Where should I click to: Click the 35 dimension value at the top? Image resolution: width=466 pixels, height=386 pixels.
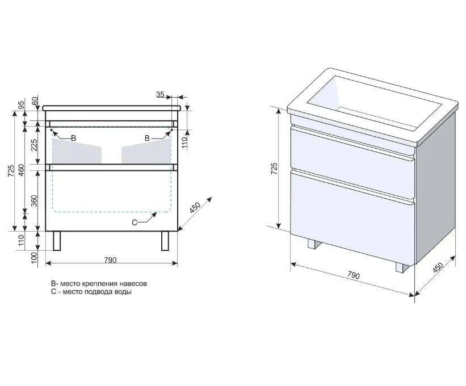pos(160,94)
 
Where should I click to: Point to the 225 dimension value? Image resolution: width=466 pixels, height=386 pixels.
pos(35,145)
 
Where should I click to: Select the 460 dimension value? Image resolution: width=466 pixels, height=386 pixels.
pos(21,170)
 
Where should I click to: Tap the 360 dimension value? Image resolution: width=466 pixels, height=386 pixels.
pos(35,201)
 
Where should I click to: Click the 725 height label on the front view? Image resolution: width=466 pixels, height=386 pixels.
pos(11,171)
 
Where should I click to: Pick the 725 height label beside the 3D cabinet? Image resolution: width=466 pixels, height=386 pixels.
pos(274,168)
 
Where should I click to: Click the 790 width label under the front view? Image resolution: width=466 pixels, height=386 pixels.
pos(110,260)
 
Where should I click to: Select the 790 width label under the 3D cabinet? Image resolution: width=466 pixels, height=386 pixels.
pos(354,275)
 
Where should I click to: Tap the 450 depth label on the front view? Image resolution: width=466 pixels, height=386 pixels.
pos(195,207)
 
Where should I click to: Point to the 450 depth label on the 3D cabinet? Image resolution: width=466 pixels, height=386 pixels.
pos(438,267)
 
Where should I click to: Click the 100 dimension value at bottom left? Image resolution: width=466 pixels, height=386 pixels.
pos(35,257)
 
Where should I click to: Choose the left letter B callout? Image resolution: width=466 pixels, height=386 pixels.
pos(73,138)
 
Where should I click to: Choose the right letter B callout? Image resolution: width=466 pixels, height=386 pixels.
pos(147,138)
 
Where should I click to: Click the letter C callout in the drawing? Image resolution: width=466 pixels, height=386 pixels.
pos(135,223)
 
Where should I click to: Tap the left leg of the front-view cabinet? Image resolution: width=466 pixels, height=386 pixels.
pos(57,241)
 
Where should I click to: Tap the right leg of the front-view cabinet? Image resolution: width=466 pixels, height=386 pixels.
pos(165,241)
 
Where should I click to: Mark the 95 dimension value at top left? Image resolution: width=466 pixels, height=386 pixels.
pos(21,105)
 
